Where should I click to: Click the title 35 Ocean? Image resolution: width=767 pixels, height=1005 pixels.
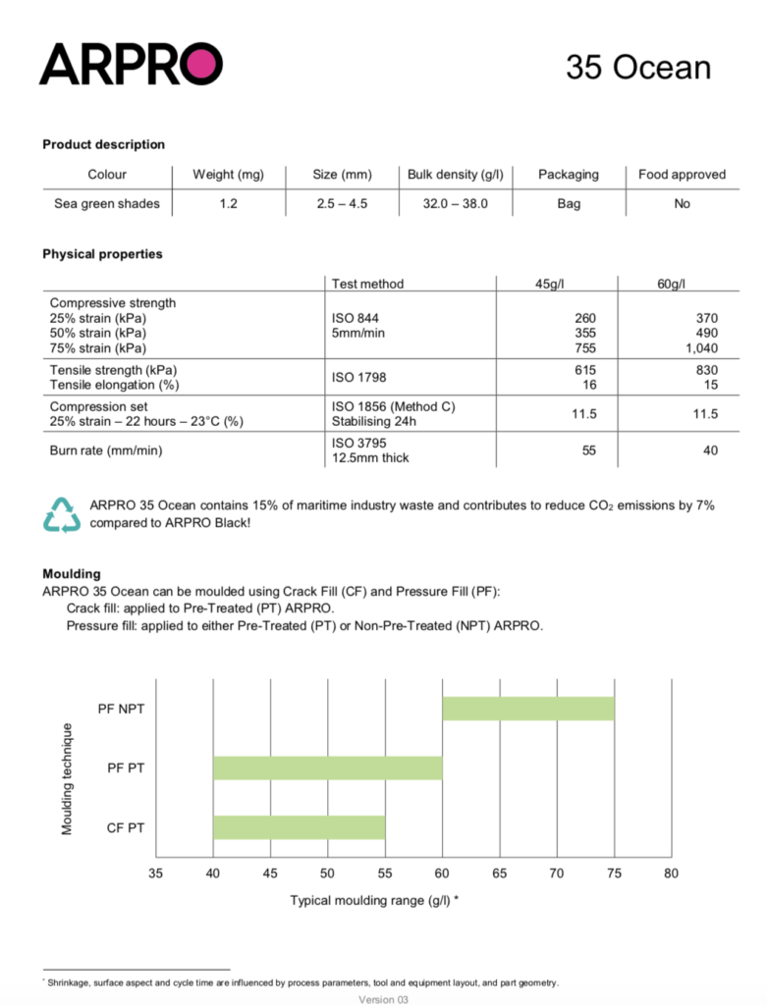(x=637, y=67)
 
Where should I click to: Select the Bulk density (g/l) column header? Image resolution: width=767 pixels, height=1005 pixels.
(x=456, y=175)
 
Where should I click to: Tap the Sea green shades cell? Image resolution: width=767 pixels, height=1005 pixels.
(x=106, y=204)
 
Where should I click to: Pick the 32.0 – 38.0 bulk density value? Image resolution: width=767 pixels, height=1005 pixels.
(x=456, y=204)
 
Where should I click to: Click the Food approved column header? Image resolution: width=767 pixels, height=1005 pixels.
(x=682, y=175)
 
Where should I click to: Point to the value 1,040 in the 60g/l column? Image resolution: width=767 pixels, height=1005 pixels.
(x=700, y=347)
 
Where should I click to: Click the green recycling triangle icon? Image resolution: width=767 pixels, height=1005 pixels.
(x=61, y=514)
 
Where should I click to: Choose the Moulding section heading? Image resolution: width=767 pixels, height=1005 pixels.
(x=71, y=573)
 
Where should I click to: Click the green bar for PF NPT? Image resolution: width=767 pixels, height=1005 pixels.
(x=528, y=708)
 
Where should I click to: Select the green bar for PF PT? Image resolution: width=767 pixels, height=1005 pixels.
(x=328, y=767)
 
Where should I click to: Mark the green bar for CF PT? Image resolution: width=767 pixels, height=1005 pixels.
(x=300, y=827)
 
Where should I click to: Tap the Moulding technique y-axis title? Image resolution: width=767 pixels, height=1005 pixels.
(x=68, y=778)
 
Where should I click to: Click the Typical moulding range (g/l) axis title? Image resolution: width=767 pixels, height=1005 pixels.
(x=374, y=899)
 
